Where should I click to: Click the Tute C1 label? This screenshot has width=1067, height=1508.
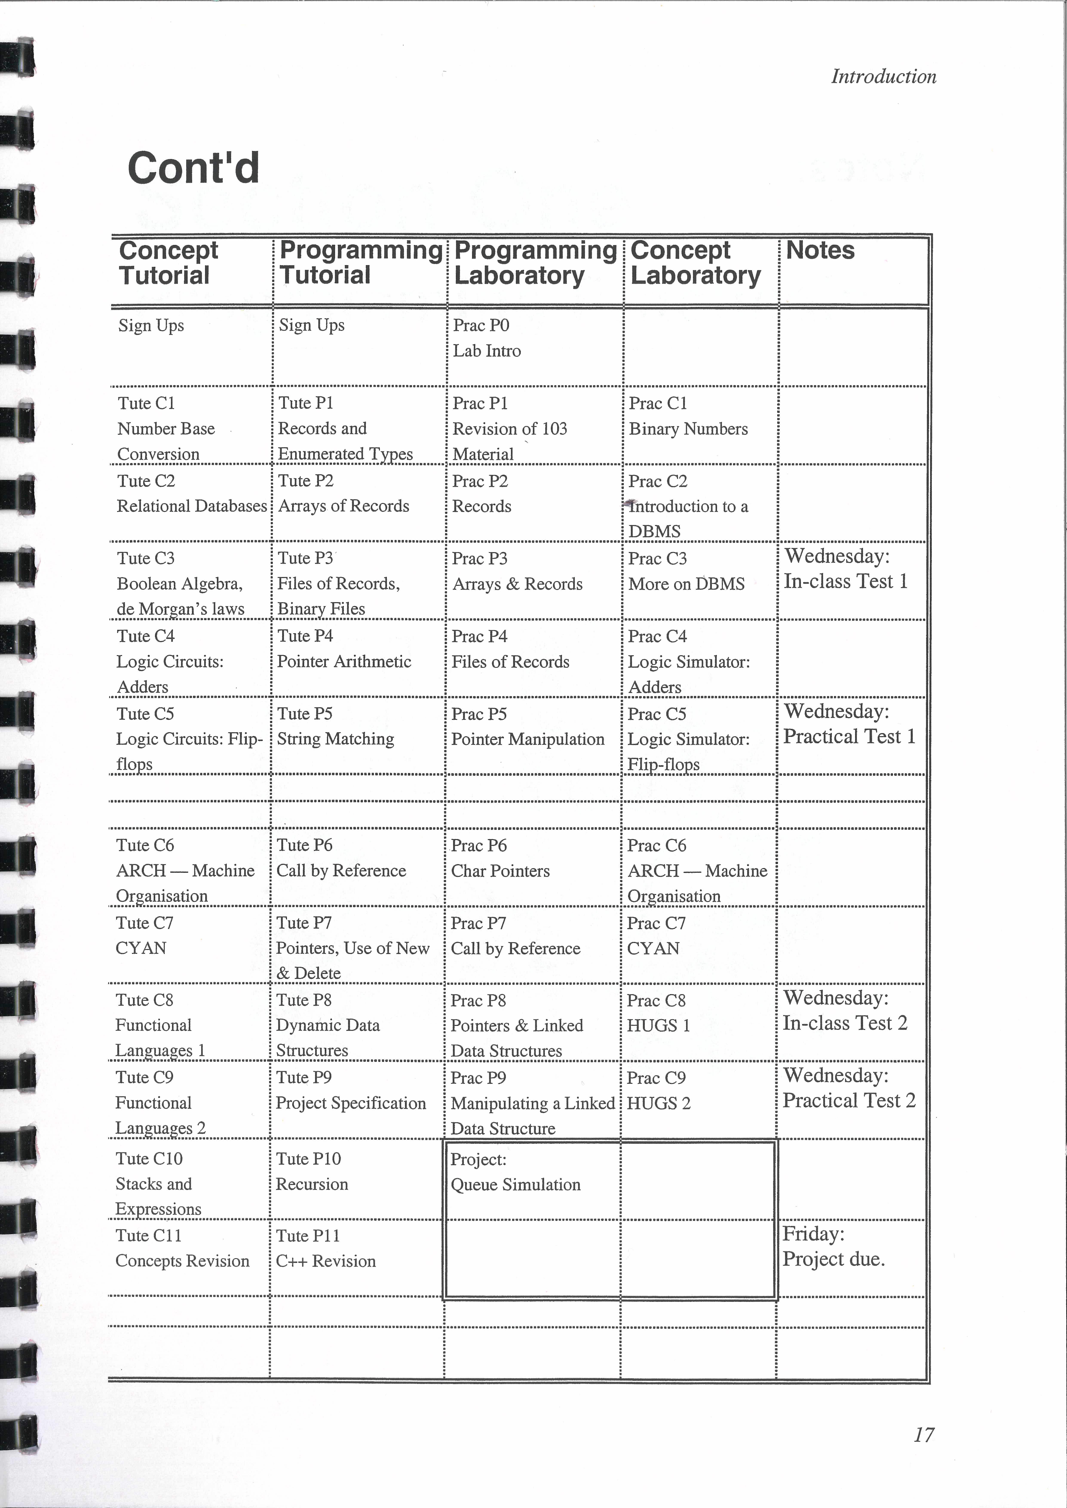146,403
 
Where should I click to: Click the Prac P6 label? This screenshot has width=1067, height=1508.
478,846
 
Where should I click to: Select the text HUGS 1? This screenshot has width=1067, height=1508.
658,1026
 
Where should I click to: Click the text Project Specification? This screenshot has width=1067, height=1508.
350,1104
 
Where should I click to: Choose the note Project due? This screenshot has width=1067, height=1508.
833,1259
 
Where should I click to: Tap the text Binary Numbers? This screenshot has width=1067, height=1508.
688,429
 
